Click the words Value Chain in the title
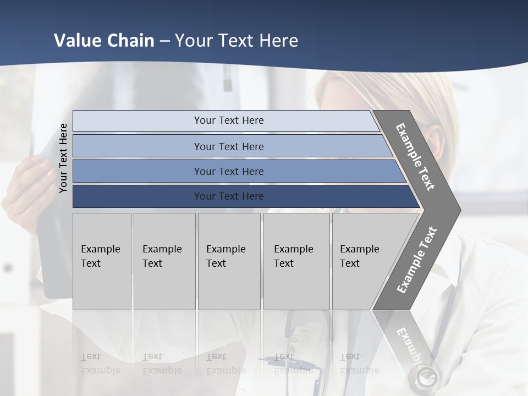click(104, 41)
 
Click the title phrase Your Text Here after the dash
click(237, 41)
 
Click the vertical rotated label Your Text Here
click(63, 158)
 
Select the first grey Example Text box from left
click(102, 261)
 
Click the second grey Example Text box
click(164, 261)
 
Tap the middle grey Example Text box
click(229, 261)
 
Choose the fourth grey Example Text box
click(296, 261)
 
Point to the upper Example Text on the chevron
click(416, 157)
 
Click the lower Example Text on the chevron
click(417, 260)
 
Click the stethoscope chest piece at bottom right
click(425, 378)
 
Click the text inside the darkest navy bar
click(229, 196)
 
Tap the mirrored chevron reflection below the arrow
click(410, 341)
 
